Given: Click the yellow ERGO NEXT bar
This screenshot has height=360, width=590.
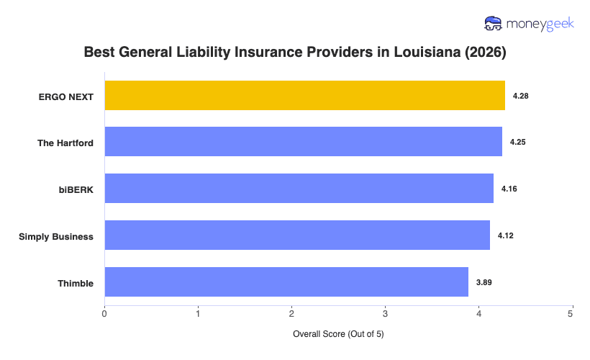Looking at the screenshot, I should pyautogui.click(x=304, y=96).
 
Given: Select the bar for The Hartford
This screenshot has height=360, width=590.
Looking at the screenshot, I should pyautogui.click(x=303, y=142).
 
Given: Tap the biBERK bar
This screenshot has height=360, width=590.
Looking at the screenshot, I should pyautogui.click(x=299, y=189).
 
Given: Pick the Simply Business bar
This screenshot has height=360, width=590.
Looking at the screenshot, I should pyautogui.click(x=297, y=235).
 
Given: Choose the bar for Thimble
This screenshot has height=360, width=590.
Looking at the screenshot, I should pyautogui.click(x=286, y=282).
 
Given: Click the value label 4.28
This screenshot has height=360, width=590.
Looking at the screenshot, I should pyautogui.click(x=521, y=96).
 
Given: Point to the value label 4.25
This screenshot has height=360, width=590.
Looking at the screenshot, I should pyautogui.click(x=518, y=143).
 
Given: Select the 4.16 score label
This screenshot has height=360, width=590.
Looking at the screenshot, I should pyautogui.click(x=509, y=189).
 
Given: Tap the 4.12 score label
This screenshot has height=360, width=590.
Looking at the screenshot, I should pyautogui.click(x=506, y=235).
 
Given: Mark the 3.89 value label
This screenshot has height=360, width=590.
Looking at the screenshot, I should pyautogui.click(x=484, y=282).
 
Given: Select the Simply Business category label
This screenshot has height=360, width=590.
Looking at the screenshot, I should pyautogui.click(x=56, y=236).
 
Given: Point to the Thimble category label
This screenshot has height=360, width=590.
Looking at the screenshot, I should pyautogui.click(x=76, y=283).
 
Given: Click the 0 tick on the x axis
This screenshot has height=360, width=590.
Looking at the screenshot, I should pyautogui.click(x=105, y=313).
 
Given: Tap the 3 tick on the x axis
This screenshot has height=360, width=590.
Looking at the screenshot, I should pyautogui.click(x=385, y=313).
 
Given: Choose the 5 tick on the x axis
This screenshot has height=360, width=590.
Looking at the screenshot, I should pyautogui.click(x=571, y=313).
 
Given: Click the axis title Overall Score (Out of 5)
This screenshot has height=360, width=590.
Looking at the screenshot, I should pyautogui.click(x=338, y=335).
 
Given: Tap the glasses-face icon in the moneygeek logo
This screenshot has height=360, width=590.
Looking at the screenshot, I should pyautogui.click(x=493, y=24).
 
